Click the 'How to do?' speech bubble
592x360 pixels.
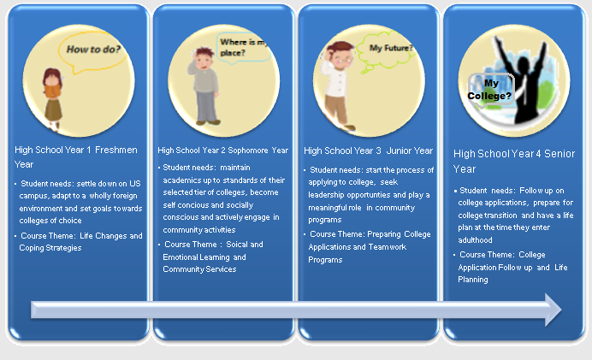(x=92, y=52)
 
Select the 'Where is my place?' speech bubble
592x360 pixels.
(x=243, y=48)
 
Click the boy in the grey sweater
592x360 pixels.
(x=204, y=86)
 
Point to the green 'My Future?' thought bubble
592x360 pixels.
(x=387, y=52)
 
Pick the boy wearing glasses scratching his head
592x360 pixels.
(x=337, y=86)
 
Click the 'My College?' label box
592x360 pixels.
(x=490, y=90)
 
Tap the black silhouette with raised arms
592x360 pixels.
(x=522, y=80)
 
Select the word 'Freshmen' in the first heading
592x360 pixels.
(x=116, y=150)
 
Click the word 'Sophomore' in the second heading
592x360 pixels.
(x=247, y=150)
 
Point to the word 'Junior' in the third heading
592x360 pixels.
(x=398, y=150)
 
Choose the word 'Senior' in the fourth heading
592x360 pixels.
(x=559, y=154)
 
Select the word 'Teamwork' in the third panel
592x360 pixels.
(x=388, y=247)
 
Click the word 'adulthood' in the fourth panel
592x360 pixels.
(x=475, y=240)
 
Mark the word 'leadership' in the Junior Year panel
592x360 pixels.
(x=326, y=195)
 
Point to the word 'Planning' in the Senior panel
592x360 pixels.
(x=473, y=280)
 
